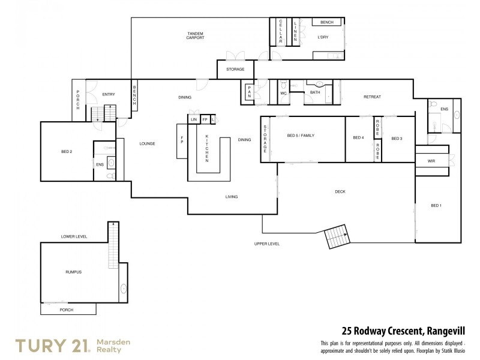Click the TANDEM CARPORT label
click(195, 35)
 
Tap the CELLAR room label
click(280, 31)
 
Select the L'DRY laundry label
click(323, 37)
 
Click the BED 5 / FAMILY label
click(299, 136)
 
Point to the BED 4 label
click(358, 138)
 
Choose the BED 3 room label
click(397, 139)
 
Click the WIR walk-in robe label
click(431, 161)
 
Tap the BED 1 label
click(436, 206)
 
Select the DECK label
click(340, 191)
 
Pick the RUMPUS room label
click(73, 272)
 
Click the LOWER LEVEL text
click(74, 237)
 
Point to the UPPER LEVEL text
click(267, 244)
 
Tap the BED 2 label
click(67, 152)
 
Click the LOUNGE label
click(147, 143)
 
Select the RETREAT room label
click(372, 97)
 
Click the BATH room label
click(316, 93)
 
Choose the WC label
click(284, 93)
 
